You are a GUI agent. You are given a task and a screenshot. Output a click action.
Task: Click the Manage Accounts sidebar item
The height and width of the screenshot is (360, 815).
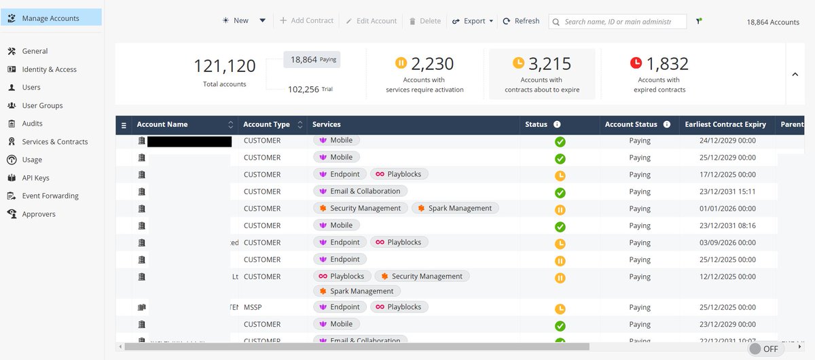[x=50, y=18]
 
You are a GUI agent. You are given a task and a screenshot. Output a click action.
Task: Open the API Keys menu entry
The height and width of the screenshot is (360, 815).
[x=35, y=178]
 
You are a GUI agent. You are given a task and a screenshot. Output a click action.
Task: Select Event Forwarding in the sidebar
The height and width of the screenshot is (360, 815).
[x=50, y=196]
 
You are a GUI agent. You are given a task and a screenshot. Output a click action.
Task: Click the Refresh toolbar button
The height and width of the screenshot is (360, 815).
[x=521, y=21]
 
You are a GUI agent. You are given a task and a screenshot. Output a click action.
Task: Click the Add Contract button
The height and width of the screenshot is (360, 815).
[x=306, y=21]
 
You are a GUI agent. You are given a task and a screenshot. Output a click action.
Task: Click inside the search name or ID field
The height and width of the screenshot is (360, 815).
[x=617, y=22]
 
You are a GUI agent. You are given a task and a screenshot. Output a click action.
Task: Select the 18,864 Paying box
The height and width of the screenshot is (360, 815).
[x=312, y=60]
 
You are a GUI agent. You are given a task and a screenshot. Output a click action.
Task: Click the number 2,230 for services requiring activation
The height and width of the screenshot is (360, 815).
[x=433, y=64]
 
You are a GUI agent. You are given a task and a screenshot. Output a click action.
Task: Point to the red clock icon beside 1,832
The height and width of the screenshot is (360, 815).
[x=636, y=63]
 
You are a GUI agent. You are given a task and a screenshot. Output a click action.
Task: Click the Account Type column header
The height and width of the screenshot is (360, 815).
[x=266, y=124]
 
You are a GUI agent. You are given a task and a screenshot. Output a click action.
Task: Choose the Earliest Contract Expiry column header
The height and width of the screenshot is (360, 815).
[x=725, y=124]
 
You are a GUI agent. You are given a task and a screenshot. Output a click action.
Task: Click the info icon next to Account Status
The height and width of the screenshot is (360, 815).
[x=667, y=124]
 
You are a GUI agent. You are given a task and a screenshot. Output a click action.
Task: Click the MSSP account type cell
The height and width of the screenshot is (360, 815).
[x=253, y=307]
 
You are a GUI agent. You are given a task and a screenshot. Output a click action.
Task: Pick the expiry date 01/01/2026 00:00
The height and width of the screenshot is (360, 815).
[x=727, y=209]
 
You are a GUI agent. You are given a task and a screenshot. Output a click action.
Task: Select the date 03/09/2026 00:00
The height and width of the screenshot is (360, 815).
[x=727, y=242]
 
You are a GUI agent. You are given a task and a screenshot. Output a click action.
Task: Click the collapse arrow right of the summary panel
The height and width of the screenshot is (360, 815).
[x=795, y=75]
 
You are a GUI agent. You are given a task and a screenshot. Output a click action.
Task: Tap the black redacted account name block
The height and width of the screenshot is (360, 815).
[x=189, y=141]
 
